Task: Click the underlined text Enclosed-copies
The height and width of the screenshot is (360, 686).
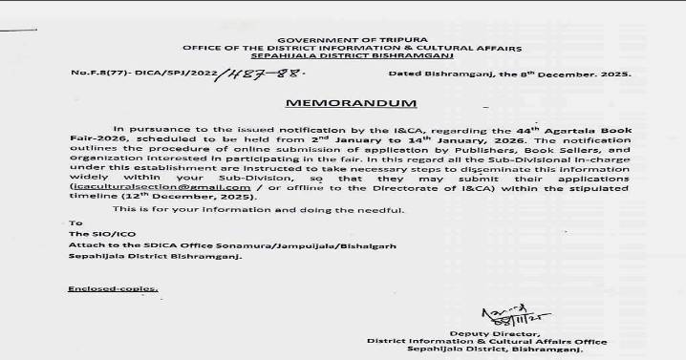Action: [113, 287]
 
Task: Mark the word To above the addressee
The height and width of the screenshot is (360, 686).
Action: [76, 222]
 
